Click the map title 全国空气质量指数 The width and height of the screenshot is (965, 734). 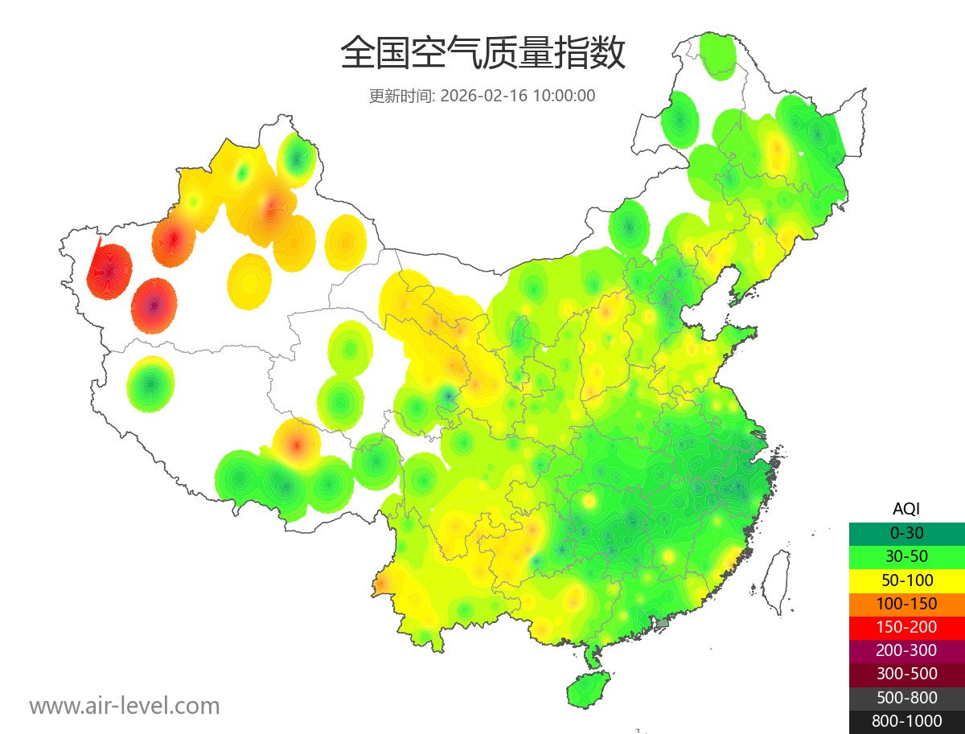(482, 54)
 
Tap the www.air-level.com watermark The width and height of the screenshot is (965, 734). (125, 706)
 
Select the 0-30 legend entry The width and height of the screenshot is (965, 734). (906, 532)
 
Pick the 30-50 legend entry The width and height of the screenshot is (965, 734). (906, 556)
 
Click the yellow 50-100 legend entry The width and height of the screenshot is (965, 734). (906, 580)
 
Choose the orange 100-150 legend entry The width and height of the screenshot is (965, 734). (906, 603)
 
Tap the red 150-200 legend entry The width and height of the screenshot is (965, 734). (906, 627)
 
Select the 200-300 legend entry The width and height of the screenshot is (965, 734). (906, 650)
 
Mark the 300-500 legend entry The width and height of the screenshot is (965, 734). (906, 674)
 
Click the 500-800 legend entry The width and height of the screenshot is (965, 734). (906, 698)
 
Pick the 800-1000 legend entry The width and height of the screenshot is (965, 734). (906, 721)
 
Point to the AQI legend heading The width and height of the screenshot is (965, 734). (906, 508)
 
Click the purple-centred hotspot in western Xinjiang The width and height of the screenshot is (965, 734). (155, 305)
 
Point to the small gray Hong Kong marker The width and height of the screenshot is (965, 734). (663, 623)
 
